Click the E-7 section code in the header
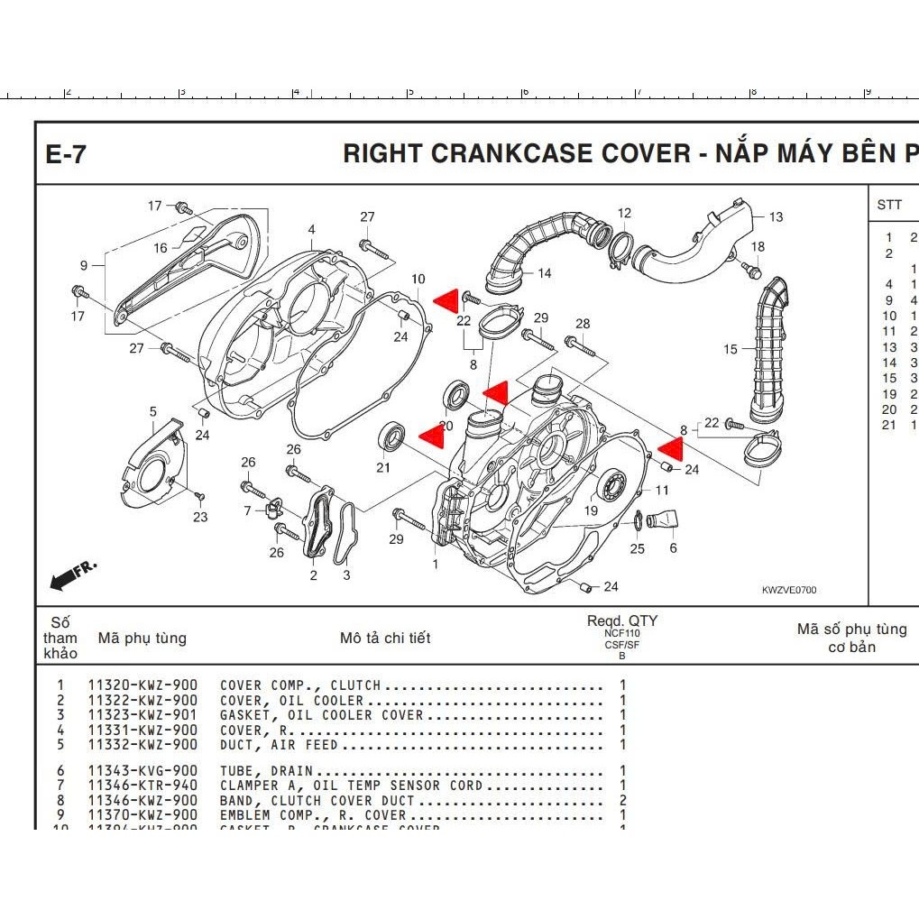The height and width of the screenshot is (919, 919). click(x=66, y=154)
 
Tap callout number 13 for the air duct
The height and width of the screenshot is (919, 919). click(x=776, y=216)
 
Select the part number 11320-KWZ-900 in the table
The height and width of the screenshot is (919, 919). click(x=142, y=685)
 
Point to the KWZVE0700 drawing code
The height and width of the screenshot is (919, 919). click(x=788, y=590)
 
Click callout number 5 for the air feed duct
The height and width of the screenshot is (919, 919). click(x=153, y=412)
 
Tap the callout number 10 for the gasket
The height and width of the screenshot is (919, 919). click(x=418, y=280)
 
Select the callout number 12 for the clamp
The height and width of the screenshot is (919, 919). click(x=624, y=214)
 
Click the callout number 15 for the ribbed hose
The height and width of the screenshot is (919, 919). click(x=730, y=349)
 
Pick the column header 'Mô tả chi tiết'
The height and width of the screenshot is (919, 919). click(x=385, y=638)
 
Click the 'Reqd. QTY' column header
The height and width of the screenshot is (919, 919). click(x=621, y=620)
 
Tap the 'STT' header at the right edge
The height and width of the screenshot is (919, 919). click(x=888, y=205)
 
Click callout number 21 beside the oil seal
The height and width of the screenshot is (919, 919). click(x=383, y=467)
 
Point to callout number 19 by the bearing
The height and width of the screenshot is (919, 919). click(x=591, y=511)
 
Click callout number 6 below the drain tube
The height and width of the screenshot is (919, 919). click(x=673, y=547)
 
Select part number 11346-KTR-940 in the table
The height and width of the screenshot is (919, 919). click(x=142, y=786)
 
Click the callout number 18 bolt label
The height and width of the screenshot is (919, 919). click(x=758, y=247)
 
